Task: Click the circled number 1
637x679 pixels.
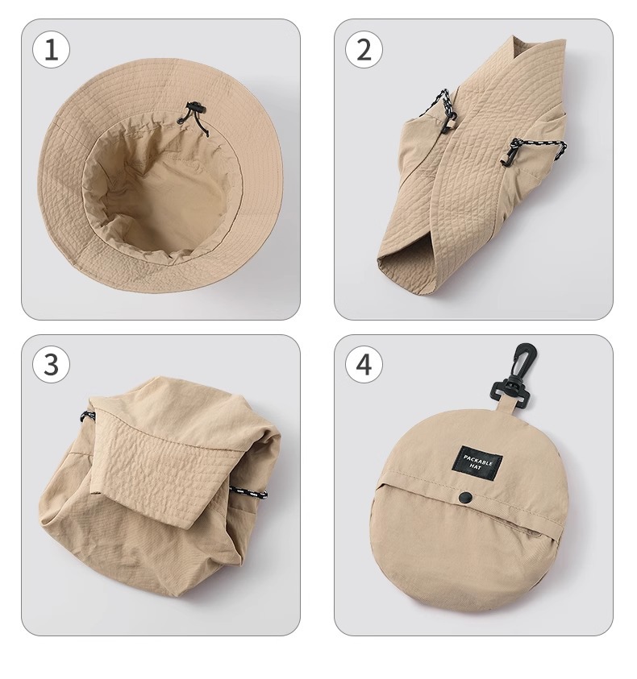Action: point(51,49)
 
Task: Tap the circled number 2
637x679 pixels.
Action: point(364,49)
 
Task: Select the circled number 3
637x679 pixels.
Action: point(51,364)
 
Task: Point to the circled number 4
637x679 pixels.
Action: point(364,364)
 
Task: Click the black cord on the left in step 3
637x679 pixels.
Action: point(87,416)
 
